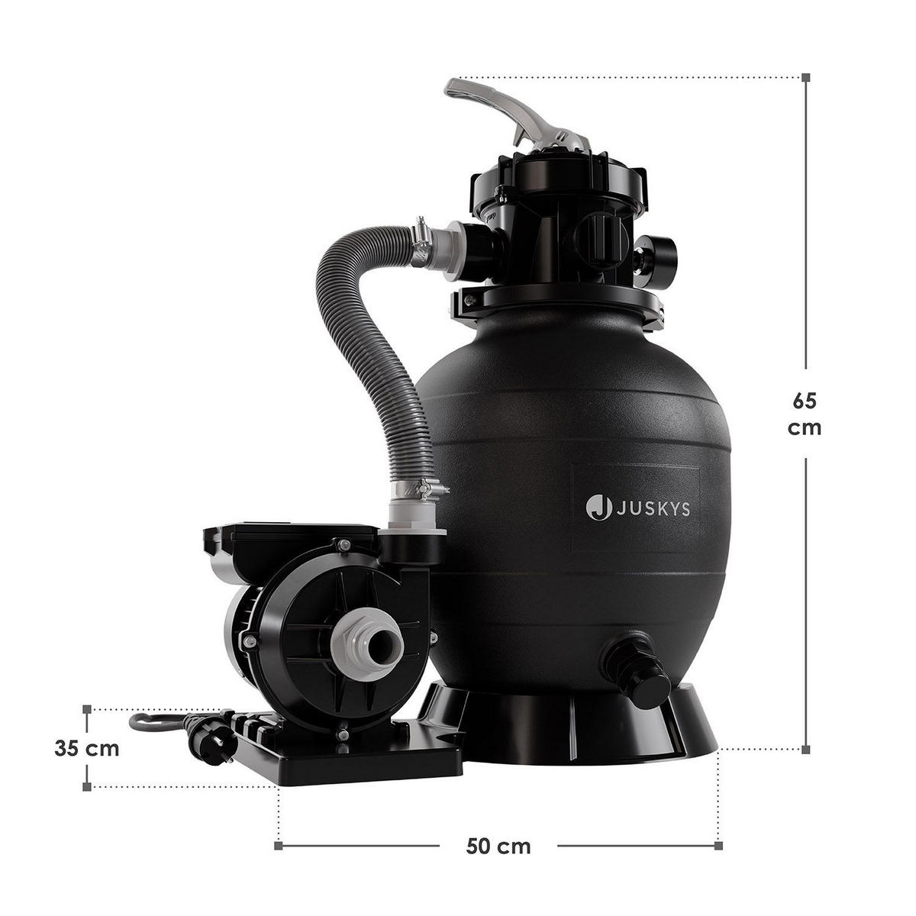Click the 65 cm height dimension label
point(805,413)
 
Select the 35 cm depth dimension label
point(87,747)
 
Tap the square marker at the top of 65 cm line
point(805,77)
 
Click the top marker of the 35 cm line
point(87,709)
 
